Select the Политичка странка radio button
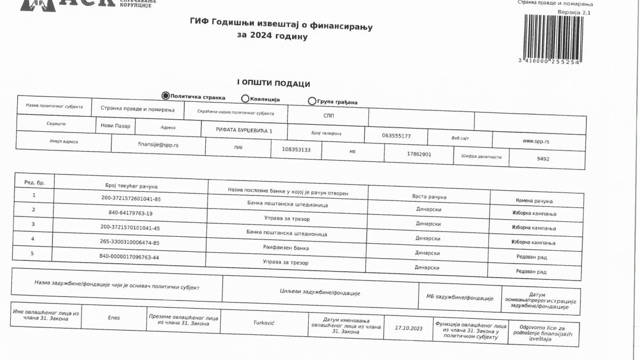click(x=165, y=96)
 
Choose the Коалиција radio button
click(x=245, y=98)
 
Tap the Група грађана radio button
click(x=312, y=101)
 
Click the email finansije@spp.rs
click(x=158, y=144)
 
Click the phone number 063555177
click(x=396, y=135)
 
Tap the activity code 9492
click(x=543, y=159)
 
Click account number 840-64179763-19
click(x=130, y=213)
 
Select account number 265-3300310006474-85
click(x=130, y=243)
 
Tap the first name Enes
click(x=114, y=318)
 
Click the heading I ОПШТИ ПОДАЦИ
click(x=274, y=84)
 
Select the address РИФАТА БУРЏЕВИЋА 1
click(x=244, y=130)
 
